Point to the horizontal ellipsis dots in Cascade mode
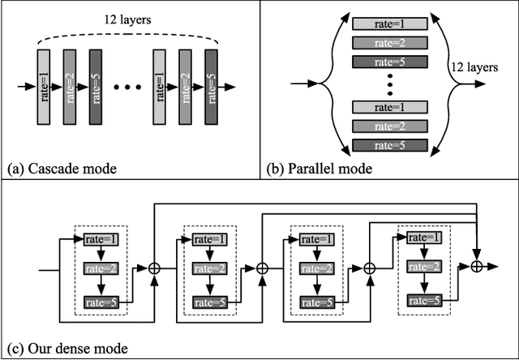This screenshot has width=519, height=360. [x=127, y=85]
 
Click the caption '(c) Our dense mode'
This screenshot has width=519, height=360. [x=66, y=349]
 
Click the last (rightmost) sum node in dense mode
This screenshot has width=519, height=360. [x=478, y=266]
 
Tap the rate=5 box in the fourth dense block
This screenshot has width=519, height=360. [x=423, y=301]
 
